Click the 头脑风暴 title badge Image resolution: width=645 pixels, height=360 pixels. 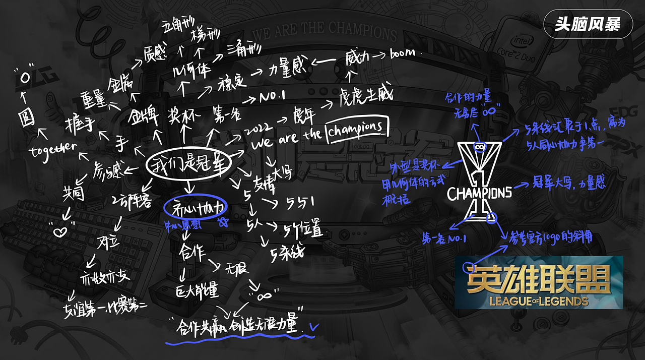click(x=588, y=24)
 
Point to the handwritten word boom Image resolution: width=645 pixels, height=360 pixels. click(x=403, y=53)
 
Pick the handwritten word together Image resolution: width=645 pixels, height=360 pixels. click(x=52, y=149)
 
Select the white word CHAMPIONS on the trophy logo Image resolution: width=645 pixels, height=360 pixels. click(x=479, y=192)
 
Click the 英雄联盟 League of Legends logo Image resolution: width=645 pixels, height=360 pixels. click(x=538, y=282)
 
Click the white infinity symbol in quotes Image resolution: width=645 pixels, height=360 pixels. click(x=262, y=295)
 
